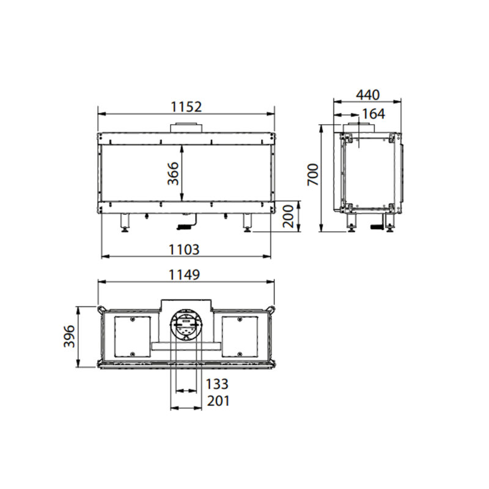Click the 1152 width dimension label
186,106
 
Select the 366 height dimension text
173,174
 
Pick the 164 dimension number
373,114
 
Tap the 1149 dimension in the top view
184,275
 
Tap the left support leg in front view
126,222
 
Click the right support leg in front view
248,222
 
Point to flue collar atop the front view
186,127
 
